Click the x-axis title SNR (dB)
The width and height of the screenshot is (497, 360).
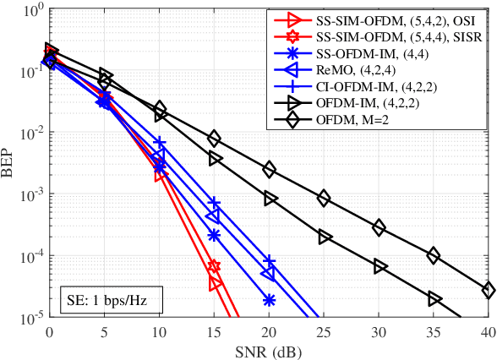tap(269, 350)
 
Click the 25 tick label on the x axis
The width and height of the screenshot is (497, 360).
tap(325, 332)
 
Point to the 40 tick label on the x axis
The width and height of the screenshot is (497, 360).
tap(489, 332)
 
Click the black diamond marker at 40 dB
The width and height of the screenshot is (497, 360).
tap(489, 290)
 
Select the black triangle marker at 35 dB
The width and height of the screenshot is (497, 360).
tap(434, 299)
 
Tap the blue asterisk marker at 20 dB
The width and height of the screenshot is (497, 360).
tap(270, 299)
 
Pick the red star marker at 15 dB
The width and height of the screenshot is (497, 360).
tap(215, 266)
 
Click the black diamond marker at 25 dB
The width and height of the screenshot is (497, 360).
tap(325, 199)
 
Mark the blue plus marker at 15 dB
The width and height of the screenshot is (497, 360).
tap(215, 204)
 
